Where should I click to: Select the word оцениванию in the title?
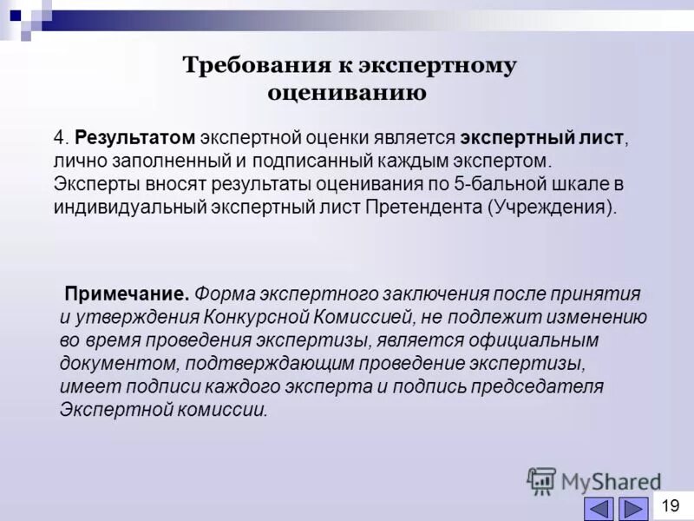coord(346,93)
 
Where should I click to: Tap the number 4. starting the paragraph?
coord(61,139)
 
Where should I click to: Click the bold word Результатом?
coord(134,139)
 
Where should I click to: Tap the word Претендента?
coord(422,208)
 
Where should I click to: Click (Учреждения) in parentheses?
coord(552,208)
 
